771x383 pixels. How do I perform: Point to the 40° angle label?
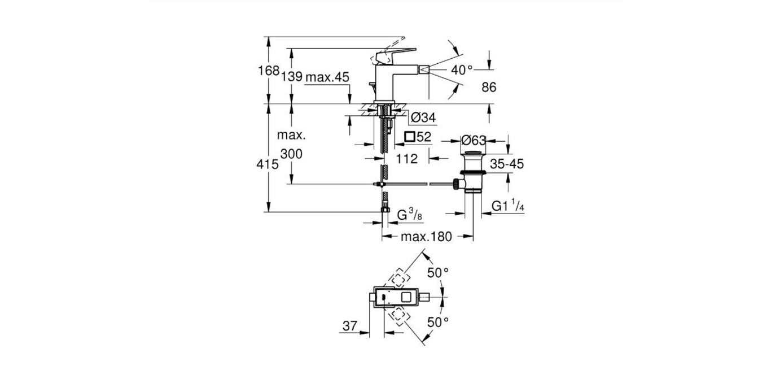[461, 69]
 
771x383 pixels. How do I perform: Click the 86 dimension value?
[489, 87]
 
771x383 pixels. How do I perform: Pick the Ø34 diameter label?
[423, 117]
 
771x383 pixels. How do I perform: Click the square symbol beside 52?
[410, 136]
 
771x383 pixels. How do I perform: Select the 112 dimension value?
[407, 159]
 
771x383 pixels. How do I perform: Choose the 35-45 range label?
[506, 164]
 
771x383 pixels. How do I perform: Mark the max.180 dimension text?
[426, 237]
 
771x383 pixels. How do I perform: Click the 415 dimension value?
[268, 164]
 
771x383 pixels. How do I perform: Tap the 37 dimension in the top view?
[351, 325]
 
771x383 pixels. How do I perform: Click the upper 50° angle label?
[437, 272]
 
